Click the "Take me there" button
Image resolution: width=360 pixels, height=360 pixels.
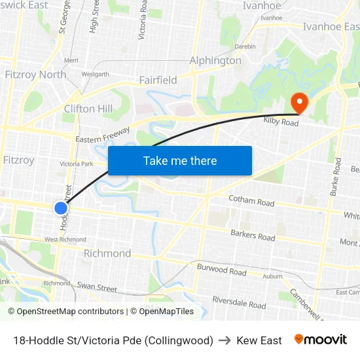[x=180, y=160]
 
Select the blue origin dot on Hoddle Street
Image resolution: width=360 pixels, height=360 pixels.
[x=61, y=208]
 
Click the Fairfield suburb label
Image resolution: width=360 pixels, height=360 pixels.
[x=158, y=80]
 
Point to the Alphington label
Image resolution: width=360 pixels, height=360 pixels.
[x=215, y=60]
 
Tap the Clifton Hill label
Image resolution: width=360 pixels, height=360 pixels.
[x=88, y=109]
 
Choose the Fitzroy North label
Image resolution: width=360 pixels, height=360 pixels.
[x=35, y=74]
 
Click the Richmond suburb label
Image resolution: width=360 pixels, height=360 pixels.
[x=107, y=253]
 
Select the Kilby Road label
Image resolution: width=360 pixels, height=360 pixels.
[x=281, y=122]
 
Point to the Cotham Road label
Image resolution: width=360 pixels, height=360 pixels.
[x=251, y=202]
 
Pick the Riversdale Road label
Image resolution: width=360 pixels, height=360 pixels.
[x=239, y=302]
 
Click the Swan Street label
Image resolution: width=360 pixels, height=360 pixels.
[x=97, y=287]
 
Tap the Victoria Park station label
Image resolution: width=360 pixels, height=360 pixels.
[x=77, y=164]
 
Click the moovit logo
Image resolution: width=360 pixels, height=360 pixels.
[x=321, y=340]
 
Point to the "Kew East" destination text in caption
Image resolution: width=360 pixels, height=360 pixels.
[x=259, y=340]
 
